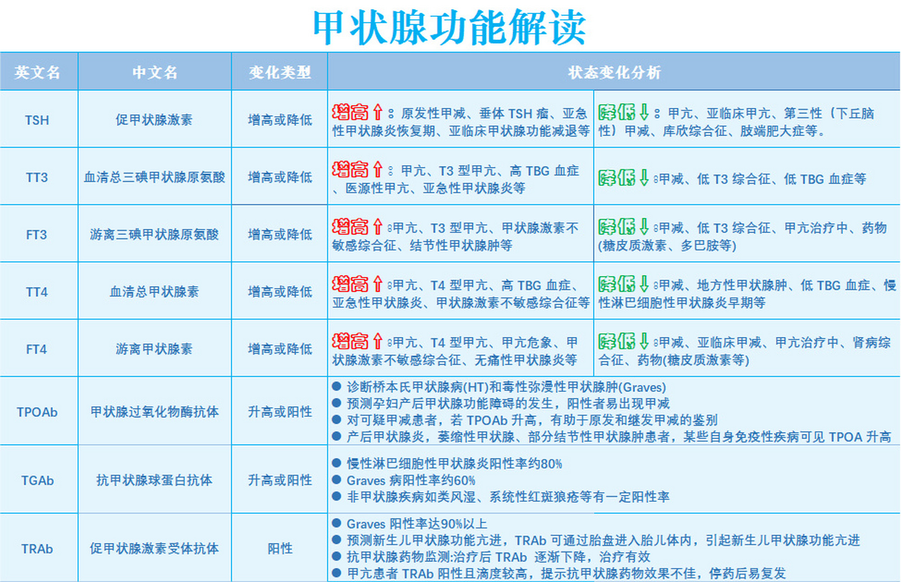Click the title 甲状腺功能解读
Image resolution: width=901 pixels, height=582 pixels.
click(449, 27)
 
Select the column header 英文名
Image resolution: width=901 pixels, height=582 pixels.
click(37, 72)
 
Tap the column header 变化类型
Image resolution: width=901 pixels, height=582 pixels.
click(280, 72)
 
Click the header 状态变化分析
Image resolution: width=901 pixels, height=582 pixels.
click(614, 72)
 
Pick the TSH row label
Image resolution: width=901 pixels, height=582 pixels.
click(37, 120)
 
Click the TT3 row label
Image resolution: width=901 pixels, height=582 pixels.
click(37, 177)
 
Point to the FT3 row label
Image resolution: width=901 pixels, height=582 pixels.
click(37, 235)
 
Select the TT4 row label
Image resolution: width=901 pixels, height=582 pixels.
click(37, 292)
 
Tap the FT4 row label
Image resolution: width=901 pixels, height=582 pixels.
click(37, 349)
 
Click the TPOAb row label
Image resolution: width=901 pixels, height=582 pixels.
click(37, 412)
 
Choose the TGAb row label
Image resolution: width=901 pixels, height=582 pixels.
click(37, 481)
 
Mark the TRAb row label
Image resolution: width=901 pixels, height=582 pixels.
click(37, 549)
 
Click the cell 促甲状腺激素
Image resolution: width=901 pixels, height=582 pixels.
click(154, 120)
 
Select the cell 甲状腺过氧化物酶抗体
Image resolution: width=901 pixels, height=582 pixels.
click(155, 412)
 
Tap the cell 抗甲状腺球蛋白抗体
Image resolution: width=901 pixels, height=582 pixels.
click(155, 481)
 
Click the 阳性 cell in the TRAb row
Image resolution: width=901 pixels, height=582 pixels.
click(280, 549)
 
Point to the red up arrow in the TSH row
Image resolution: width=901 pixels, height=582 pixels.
click(378, 112)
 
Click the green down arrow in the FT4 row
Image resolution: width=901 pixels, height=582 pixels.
click(644, 341)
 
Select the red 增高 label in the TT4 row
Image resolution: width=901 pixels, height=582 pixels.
click(350, 284)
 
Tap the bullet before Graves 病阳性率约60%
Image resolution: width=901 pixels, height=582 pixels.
click(337, 480)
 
